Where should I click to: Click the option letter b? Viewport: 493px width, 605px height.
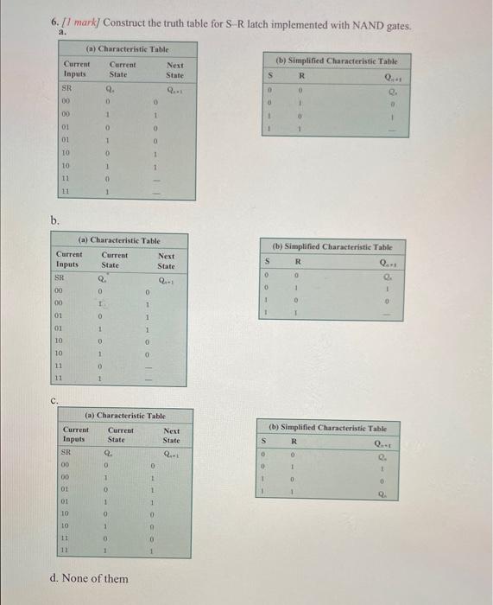[x=54, y=220]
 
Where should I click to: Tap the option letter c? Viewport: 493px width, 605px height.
[x=54, y=399]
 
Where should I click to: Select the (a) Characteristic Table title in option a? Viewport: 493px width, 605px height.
[x=127, y=49]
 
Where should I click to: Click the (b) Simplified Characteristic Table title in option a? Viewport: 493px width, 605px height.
[x=337, y=61]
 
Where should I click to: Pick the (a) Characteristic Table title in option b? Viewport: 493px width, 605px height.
[x=119, y=240]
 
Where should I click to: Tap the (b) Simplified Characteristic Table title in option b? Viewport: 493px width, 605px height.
[x=332, y=246]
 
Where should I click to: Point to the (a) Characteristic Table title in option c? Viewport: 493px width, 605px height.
[x=125, y=416]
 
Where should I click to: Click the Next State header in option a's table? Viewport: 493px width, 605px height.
[x=175, y=70]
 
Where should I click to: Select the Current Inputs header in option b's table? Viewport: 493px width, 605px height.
[x=69, y=259]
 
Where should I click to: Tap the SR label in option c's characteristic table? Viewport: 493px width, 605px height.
[x=66, y=452]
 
